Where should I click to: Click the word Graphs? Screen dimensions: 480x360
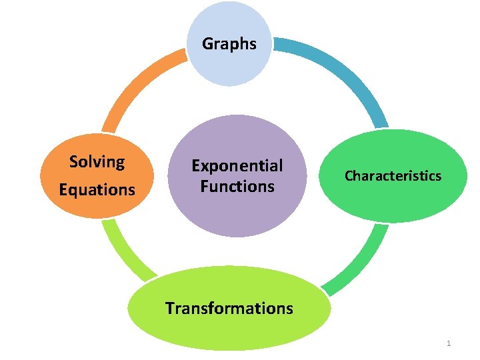click(229, 44)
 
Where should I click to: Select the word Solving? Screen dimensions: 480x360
click(97, 162)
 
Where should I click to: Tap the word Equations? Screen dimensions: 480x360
click(97, 190)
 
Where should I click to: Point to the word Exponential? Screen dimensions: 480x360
click(237, 165)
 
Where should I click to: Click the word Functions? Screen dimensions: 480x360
click(237, 186)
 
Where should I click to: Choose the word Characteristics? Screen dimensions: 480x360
click(393, 176)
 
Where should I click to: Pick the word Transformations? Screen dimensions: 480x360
click(229, 308)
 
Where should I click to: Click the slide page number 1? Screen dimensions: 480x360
click(449, 343)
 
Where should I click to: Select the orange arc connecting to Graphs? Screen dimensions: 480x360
click(137, 83)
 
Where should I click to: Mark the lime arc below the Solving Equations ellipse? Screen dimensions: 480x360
click(123, 250)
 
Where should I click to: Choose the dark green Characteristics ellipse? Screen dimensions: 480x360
click(393, 200)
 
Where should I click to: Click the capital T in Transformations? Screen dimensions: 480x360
click(169, 308)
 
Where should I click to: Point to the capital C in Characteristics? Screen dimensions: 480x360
click(348, 176)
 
